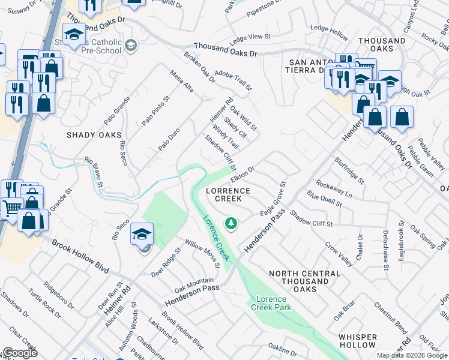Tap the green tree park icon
(x=231, y=224)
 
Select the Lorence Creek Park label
(x=273, y=303)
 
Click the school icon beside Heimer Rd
(x=142, y=235)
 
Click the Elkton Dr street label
(x=243, y=175)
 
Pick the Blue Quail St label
(x=324, y=199)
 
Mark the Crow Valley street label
(x=339, y=255)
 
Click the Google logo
(x=20, y=353)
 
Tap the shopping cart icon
(x=11, y=209)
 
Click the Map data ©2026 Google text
(x=412, y=355)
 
